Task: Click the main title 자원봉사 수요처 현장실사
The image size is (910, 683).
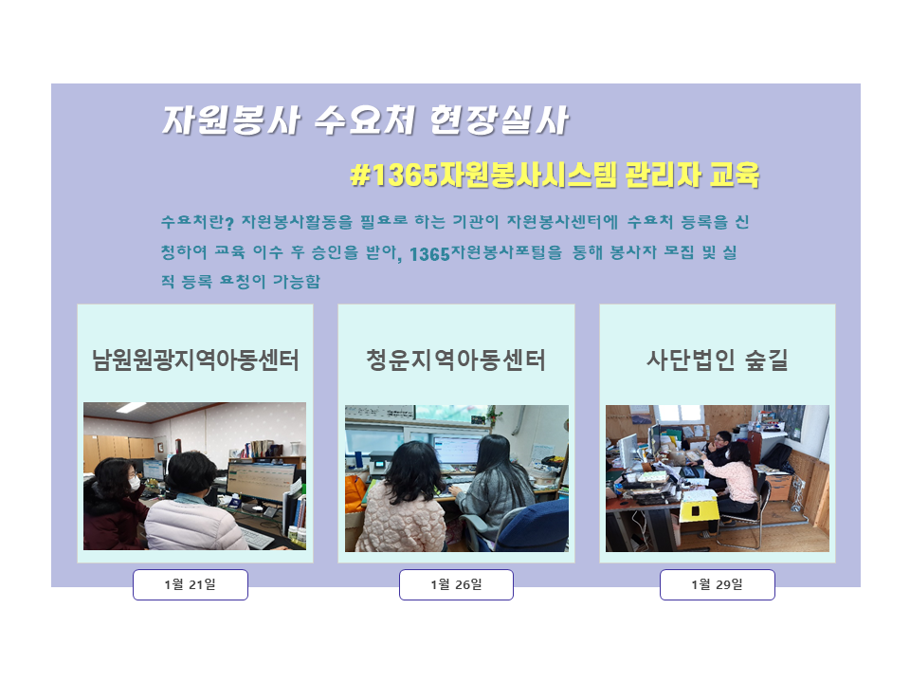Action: pyautogui.click(x=365, y=120)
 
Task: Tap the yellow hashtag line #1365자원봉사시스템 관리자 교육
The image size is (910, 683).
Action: pyautogui.click(x=555, y=175)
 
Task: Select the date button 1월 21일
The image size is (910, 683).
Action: pyautogui.click(x=191, y=584)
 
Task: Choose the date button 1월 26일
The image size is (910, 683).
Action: pyautogui.click(x=456, y=584)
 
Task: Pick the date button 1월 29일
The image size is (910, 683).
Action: pyautogui.click(x=718, y=584)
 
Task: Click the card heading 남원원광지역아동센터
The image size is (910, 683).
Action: pyautogui.click(x=195, y=360)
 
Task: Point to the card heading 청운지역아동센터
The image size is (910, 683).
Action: pyautogui.click(x=456, y=360)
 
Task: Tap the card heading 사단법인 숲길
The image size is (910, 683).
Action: pyautogui.click(x=718, y=360)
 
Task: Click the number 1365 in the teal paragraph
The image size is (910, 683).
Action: pyautogui.click(x=429, y=254)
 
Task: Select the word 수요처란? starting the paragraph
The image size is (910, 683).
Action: pyautogui.click(x=197, y=221)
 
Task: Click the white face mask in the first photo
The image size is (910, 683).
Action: pyautogui.click(x=135, y=482)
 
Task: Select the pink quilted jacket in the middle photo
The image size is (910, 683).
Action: pyautogui.click(x=399, y=517)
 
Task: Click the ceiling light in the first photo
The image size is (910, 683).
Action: pyautogui.click(x=131, y=407)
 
